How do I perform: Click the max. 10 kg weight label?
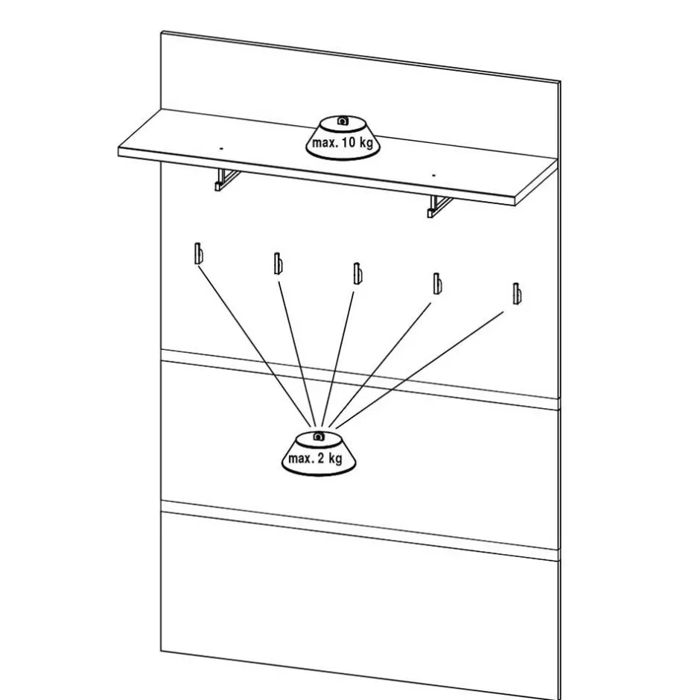[x=343, y=143]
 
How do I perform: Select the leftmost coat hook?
[x=197, y=254]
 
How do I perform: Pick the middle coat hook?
[x=357, y=273]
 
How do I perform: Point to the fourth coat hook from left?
[x=437, y=284]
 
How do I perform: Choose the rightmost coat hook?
[x=515, y=293]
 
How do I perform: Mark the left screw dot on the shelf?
[x=221, y=148]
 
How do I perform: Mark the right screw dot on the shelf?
[x=434, y=175]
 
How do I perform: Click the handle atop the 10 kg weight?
[x=342, y=121]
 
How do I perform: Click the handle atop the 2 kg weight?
[x=317, y=436]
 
